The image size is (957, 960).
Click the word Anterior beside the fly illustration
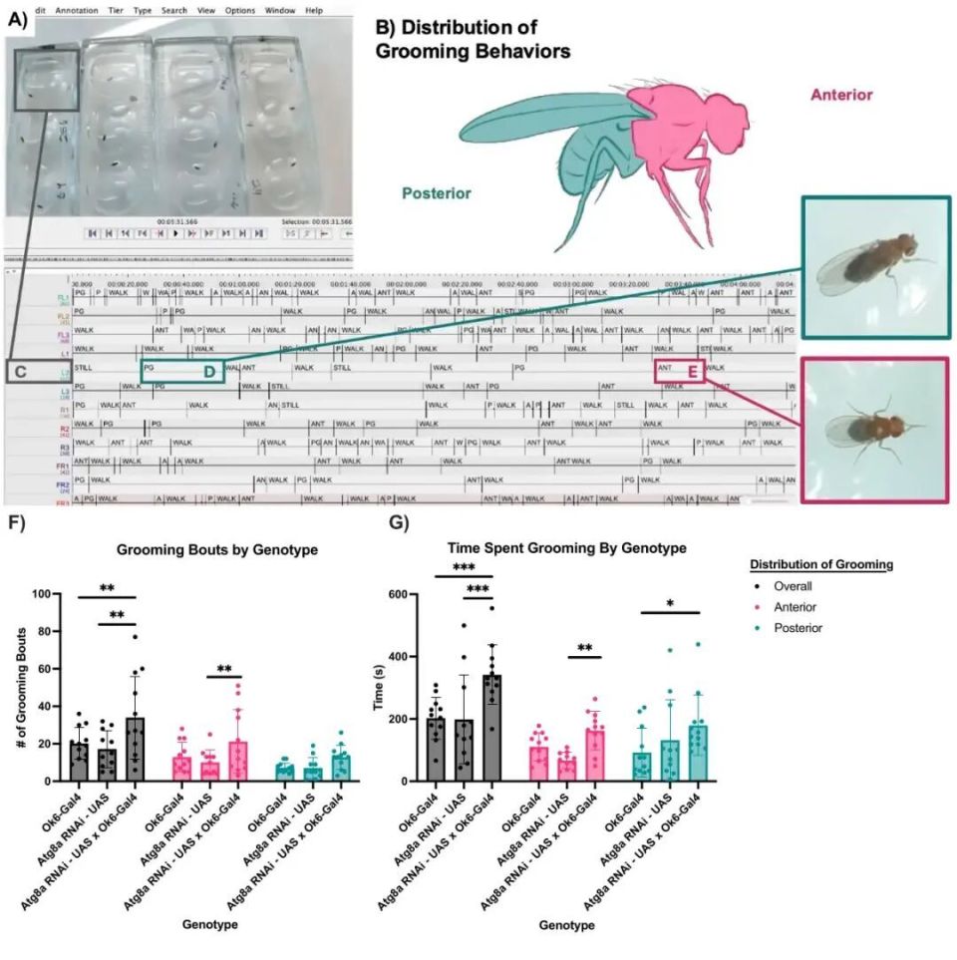[840, 95]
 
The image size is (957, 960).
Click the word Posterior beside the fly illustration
[437, 193]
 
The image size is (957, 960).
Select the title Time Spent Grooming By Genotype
[566, 547]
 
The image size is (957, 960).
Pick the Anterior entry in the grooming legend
[797, 607]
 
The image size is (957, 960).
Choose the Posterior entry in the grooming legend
[798, 627]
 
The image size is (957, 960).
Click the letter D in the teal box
[210, 372]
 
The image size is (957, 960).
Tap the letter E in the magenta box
[692, 372]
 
